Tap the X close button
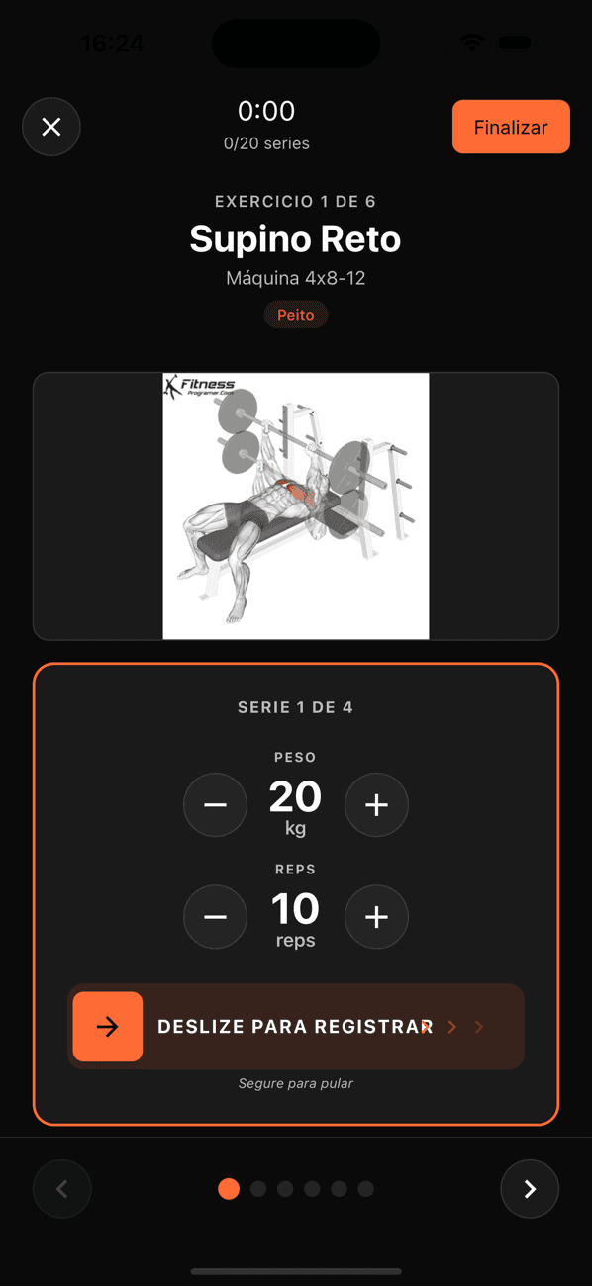[51, 127]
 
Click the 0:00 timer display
[266, 110]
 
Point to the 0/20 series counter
[266, 143]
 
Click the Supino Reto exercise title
[295, 238]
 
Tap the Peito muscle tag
[295, 315]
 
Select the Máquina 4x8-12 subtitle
[295, 278]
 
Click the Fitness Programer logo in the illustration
[199, 386]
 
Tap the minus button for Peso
[215, 804]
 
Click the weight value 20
[295, 797]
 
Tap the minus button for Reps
[215, 916]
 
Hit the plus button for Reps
[376, 916]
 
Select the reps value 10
[295, 909]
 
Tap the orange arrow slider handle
[108, 1027]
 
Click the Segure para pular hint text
[295, 1083]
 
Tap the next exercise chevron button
[530, 1188]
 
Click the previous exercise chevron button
[62, 1188]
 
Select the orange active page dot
[229, 1188]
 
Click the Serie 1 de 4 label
[295, 707]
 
